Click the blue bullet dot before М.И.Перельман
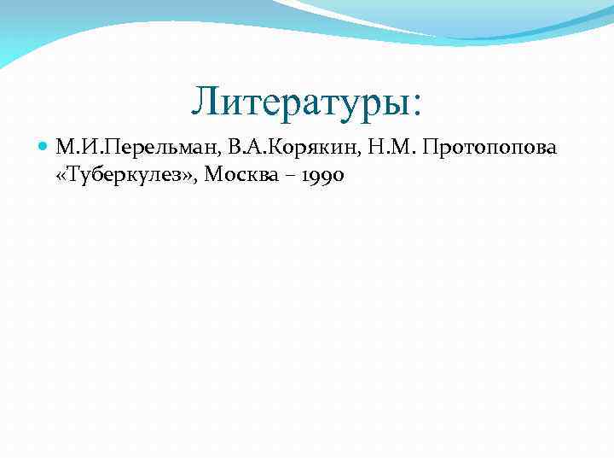click(x=44, y=149)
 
